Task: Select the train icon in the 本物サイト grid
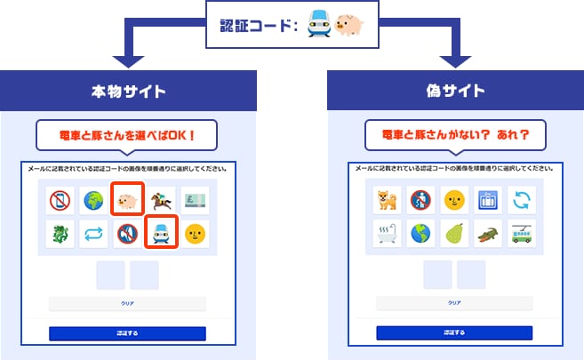tap(160, 234)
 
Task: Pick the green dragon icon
tap(59, 235)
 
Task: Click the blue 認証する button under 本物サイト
tap(126, 333)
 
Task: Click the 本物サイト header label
tap(126, 91)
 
